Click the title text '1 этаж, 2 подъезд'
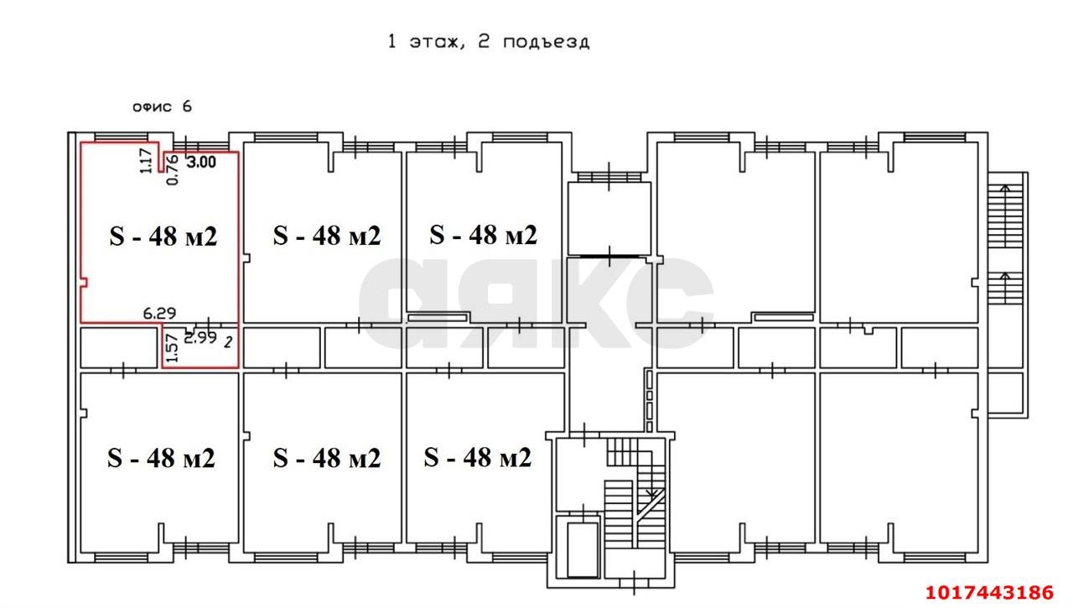tap(488, 42)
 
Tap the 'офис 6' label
tap(162, 107)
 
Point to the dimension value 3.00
tap(201, 162)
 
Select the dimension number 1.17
tap(146, 161)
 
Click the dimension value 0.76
tap(173, 170)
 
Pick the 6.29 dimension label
tap(159, 314)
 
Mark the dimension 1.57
tap(173, 348)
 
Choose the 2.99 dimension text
tap(200, 338)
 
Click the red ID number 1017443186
tap(990, 593)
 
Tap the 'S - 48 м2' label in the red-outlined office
tap(163, 236)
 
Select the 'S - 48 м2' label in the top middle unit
tap(327, 236)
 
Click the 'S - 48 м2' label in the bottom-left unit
tap(162, 458)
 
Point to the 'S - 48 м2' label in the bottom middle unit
tap(327, 458)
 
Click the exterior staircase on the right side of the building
tap(1005, 243)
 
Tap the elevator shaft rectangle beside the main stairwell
tap(583, 550)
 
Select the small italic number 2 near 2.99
tap(229, 342)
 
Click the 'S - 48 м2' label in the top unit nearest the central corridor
tap(484, 235)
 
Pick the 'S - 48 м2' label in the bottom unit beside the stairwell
tap(478, 457)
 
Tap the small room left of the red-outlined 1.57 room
tap(119, 348)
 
